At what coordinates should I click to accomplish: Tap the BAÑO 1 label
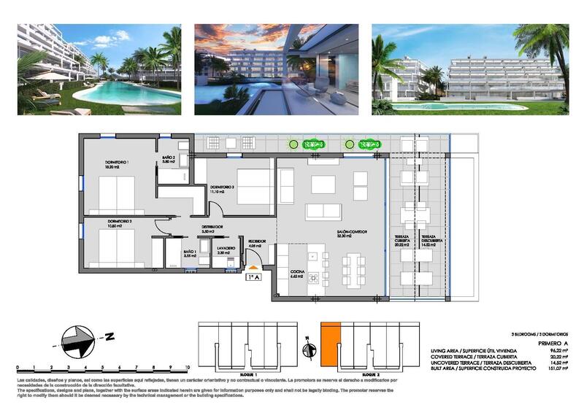[x=191, y=254]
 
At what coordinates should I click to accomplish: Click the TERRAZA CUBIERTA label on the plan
[x=403, y=241]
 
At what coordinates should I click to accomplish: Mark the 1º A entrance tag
[x=253, y=277]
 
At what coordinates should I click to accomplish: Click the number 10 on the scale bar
[x=188, y=368]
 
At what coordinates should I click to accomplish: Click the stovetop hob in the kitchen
[x=315, y=278]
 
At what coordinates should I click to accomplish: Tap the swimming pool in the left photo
[x=124, y=90]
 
